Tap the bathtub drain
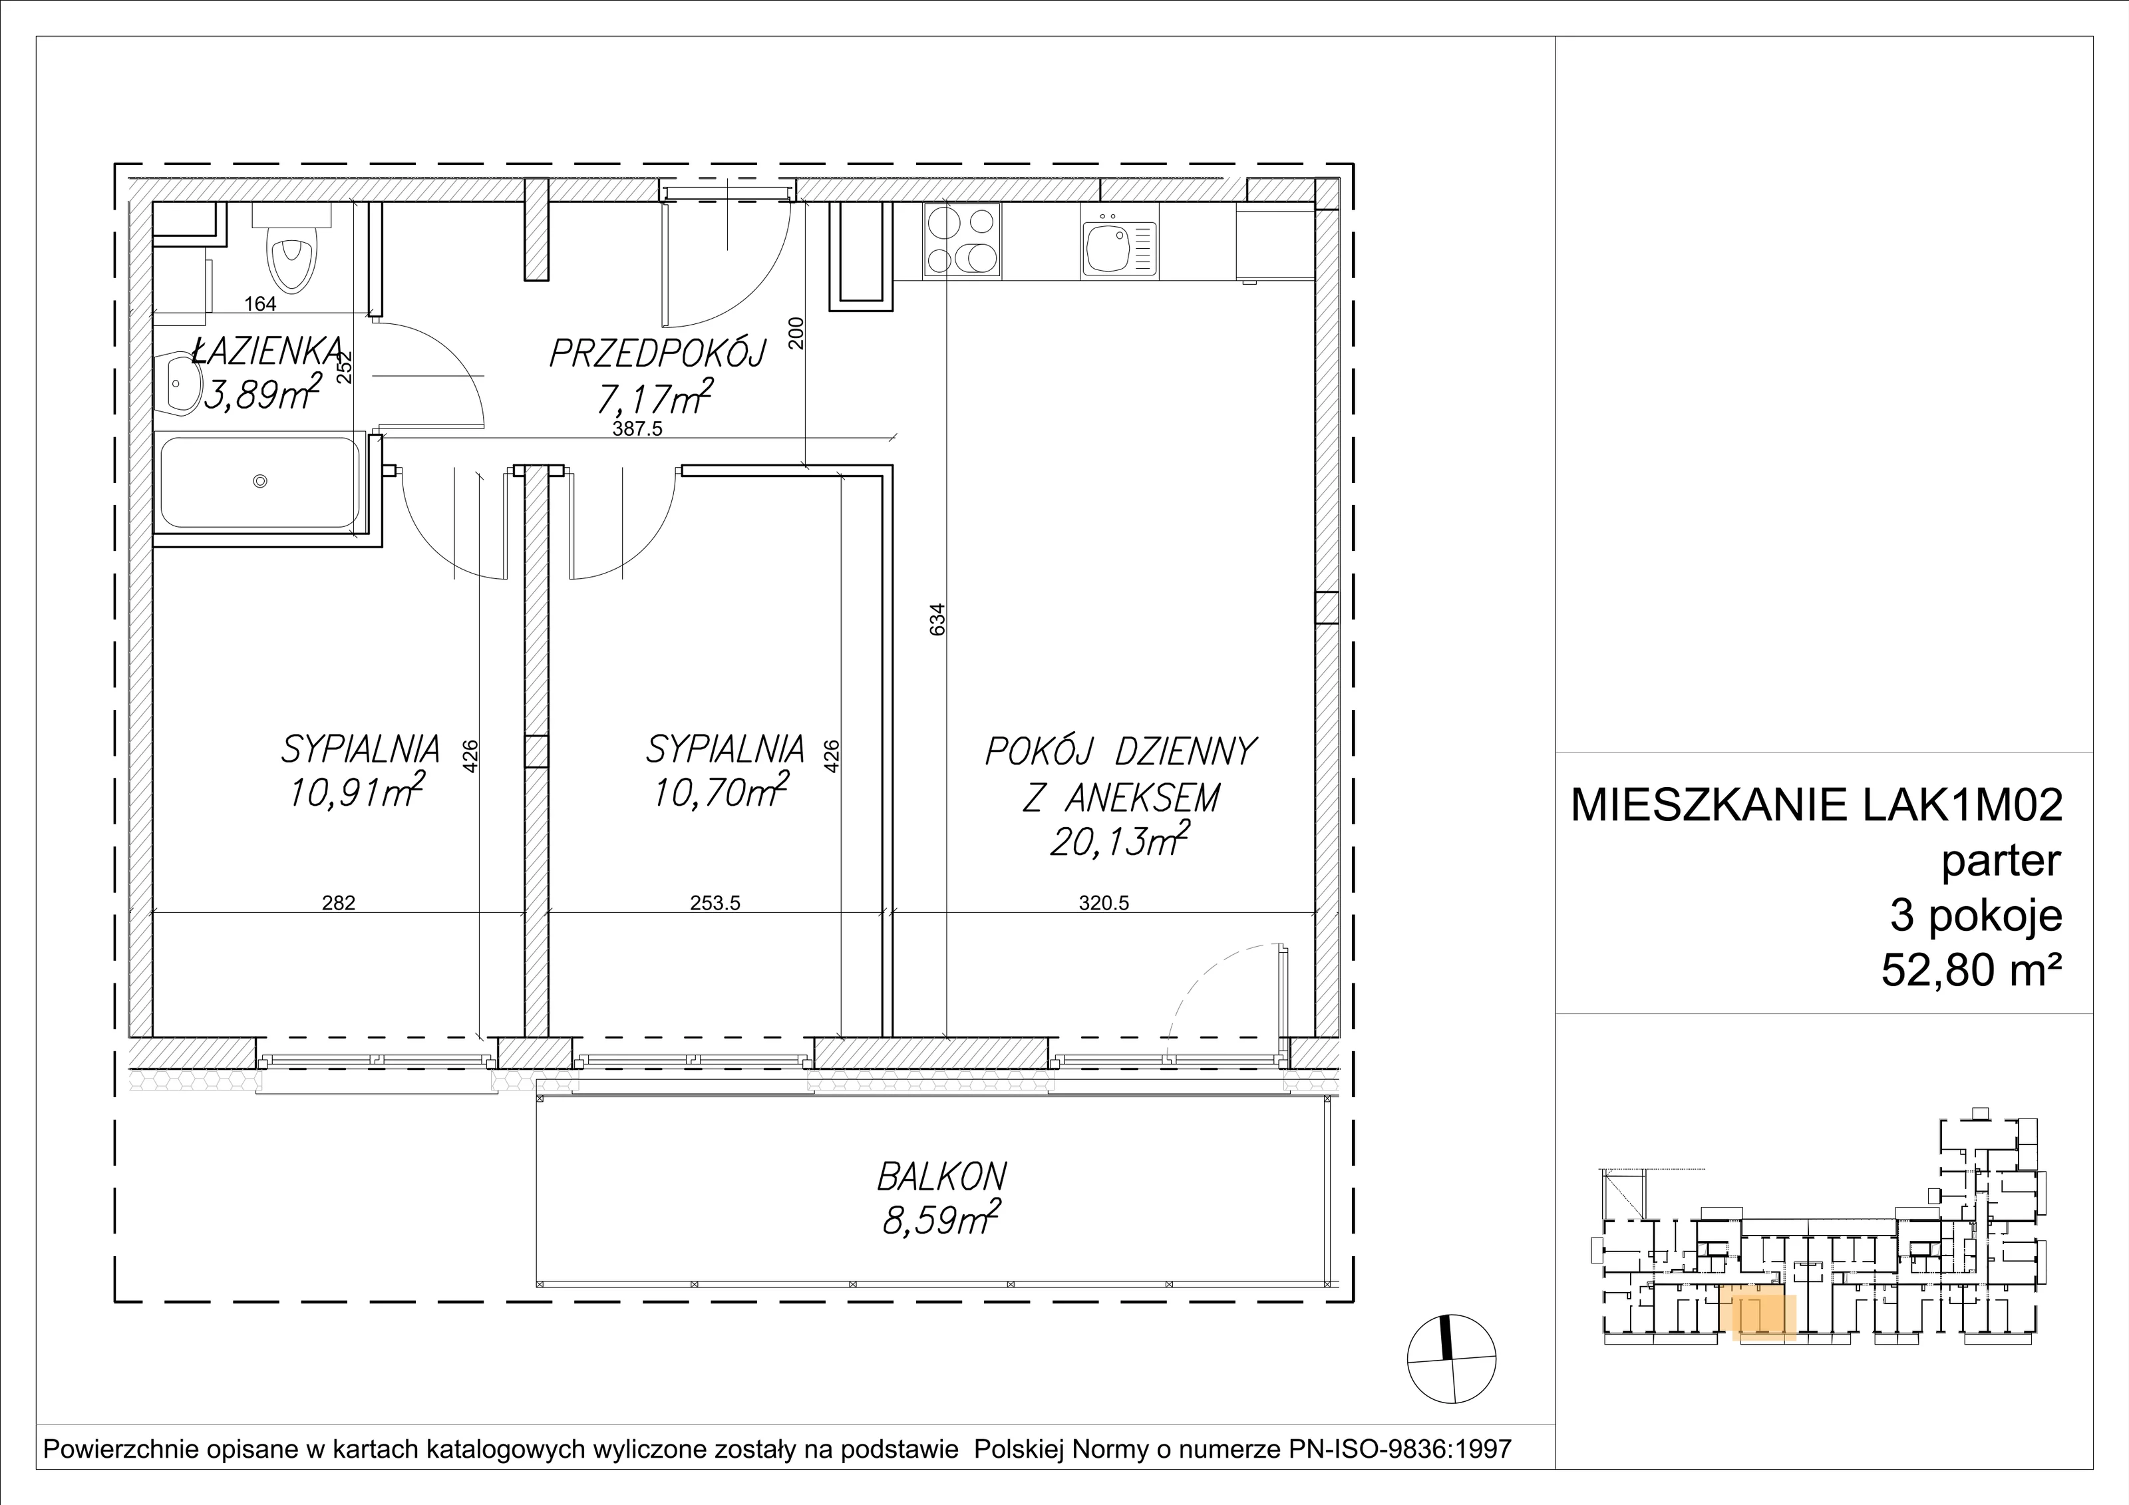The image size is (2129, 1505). click(261, 480)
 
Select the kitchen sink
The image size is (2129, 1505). click(1118, 250)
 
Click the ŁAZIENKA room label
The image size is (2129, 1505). click(269, 351)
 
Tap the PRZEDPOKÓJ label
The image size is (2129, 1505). click(657, 353)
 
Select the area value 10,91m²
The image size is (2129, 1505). click(357, 789)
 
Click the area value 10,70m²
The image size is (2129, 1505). click(721, 789)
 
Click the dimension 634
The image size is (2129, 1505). click(937, 619)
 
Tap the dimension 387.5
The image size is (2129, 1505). click(637, 429)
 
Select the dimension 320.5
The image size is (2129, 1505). click(1104, 903)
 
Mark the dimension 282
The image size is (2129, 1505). click(339, 903)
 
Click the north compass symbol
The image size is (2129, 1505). click(1451, 1359)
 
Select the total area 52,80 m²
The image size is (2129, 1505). click(1971, 971)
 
